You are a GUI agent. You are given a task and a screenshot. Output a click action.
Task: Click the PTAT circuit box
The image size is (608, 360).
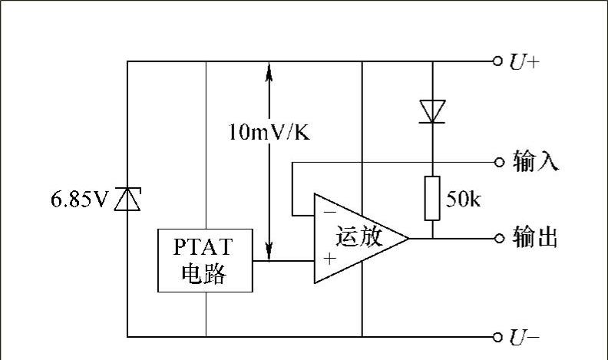coord(205,260)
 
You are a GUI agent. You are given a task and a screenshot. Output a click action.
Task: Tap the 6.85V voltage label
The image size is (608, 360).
coord(80,200)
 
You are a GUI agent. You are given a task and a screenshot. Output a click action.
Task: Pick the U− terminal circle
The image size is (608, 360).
coord(497,336)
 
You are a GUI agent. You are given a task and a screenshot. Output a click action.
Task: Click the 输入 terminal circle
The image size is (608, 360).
coord(497,162)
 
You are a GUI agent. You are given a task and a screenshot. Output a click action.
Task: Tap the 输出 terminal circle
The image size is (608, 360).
coord(497,238)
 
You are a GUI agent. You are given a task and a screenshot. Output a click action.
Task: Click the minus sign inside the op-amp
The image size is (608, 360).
coord(328,209)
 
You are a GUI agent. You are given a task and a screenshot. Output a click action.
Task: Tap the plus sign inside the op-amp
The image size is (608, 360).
coord(329,259)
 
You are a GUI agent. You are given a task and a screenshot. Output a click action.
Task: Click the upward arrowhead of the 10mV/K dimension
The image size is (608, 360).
coord(269,71)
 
